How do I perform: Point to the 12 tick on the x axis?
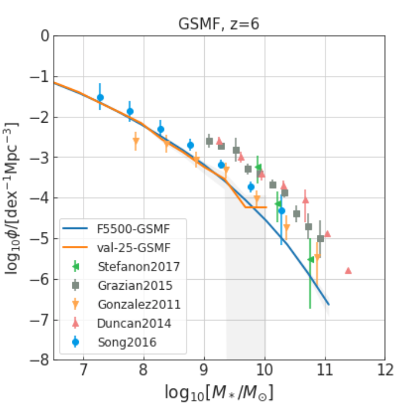(x=384, y=370)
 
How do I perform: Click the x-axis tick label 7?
(x=83, y=370)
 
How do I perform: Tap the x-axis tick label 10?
(x=264, y=370)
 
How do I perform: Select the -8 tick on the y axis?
(x=41, y=360)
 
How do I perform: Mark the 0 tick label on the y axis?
(x=45, y=36)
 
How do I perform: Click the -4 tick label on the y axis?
(x=41, y=199)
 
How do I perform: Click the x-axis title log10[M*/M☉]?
(x=219, y=392)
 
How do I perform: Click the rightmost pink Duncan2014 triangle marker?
(x=348, y=270)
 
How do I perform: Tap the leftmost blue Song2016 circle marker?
(x=100, y=98)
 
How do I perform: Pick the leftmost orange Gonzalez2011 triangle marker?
(x=136, y=141)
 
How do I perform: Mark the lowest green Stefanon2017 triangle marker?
(x=310, y=259)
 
